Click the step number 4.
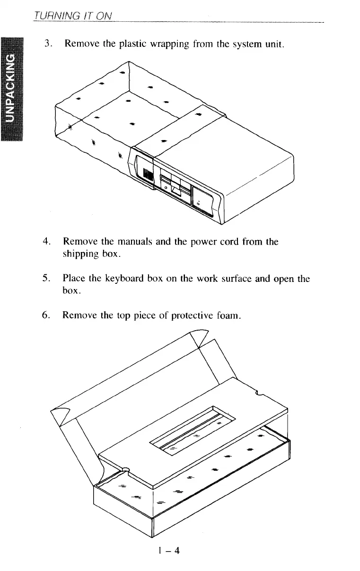46,242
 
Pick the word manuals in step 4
126,242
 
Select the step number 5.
46,279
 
